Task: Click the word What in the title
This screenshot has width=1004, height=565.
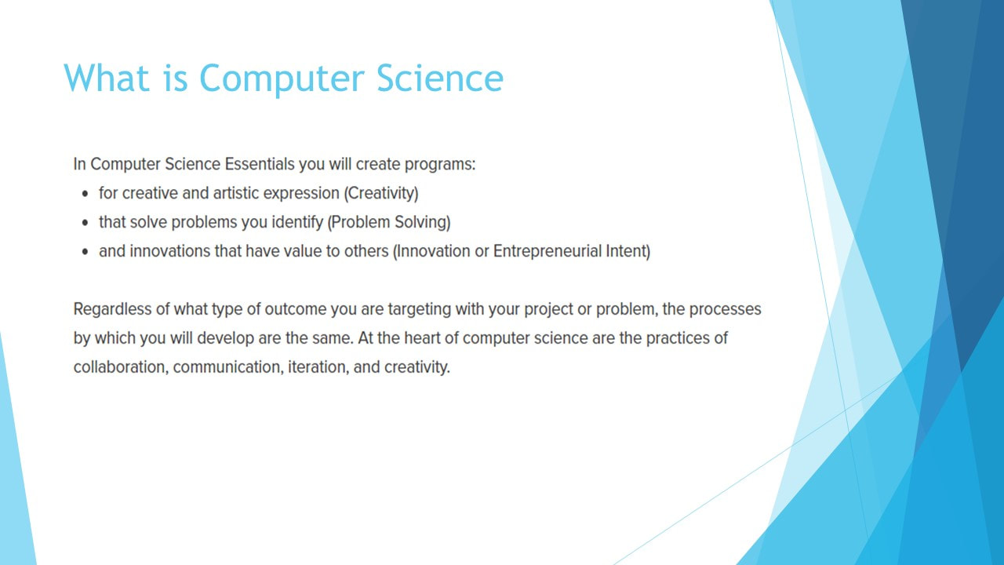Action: pyautogui.click(x=106, y=78)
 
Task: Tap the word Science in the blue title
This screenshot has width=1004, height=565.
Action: pyautogui.click(x=440, y=78)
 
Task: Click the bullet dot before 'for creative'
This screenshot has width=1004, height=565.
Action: pyautogui.click(x=85, y=194)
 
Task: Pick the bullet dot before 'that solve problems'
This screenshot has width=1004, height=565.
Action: pyautogui.click(x=85, y=223)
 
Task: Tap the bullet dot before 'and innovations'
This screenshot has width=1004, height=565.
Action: pyautogui.click(x=85, y=252)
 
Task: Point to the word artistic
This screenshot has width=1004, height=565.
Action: pyautogui.click(x=236, y=193)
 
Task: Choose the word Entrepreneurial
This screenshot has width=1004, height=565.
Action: pyautogui.click(x=547, y=252)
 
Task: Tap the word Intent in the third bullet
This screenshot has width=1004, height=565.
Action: pyautogui.click(x=626, y=251)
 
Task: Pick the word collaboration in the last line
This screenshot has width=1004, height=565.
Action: pyautogui.click(x=121, y=367)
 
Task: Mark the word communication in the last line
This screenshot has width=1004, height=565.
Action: pyautogui.click(x=228, y=367)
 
